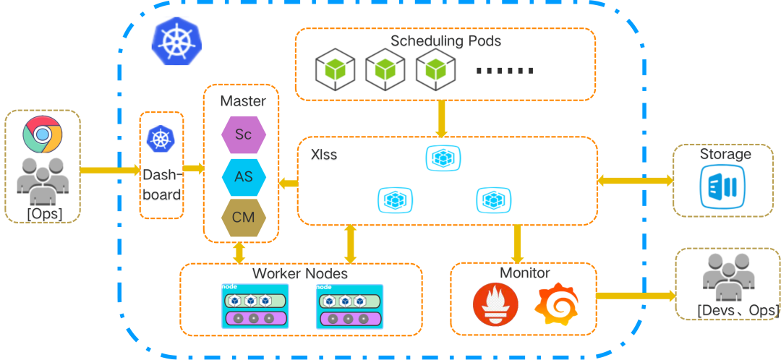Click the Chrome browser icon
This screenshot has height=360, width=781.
point(42,134)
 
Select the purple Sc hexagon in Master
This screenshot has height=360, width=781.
point(243,135)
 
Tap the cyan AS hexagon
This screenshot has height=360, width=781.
point(243,178)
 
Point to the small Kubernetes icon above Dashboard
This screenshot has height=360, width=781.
point(160,138)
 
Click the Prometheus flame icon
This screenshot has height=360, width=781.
point(495,304)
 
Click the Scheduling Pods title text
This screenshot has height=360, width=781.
point(445,41)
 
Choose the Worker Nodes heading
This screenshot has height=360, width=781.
point(299,275)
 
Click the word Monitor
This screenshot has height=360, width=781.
point(525,273)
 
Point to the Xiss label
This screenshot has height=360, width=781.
point(323,155)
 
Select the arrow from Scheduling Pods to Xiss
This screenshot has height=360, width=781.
point(442,119)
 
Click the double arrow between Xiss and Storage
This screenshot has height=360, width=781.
point(635,180)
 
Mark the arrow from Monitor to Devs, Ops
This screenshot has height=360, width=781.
point(635,296)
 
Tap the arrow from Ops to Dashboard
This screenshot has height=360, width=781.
point(109,171)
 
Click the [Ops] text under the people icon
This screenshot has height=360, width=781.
point(44,213)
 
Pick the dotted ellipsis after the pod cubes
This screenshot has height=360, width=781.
point(506,71)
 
